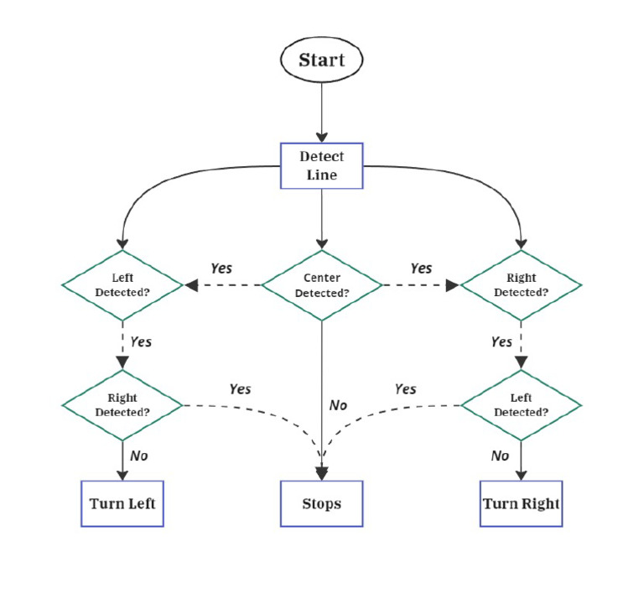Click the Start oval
pyautogui.click(x=321, y=60)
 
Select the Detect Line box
pyautogui.click(x=321, y=165)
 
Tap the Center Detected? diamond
pyautogui.click(x=322, y=285)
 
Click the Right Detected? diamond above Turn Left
pyautogui.click(x=122, y=405)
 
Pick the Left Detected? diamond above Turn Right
pyautogui.click(x=521, y=405)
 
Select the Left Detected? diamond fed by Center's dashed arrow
pyautogui.click(x=122, y=285)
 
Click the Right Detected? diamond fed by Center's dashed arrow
pyautogui.click(x=521, y=285)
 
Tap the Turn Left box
pyautogui.click(x=122, y=503)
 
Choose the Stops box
pyautogui.click(x=321, y=503)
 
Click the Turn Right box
pyautogui.click(x=521, y=503)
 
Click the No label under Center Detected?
pyautogui.click(x=338, y=405)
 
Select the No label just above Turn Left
pyautogui.click(x=139, y=456)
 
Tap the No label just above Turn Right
pyautogui.click(x=500, y=456)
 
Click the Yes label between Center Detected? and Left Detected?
pyautogui.click(x=221, y=268)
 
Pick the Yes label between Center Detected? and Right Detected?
pyautogui.click(x=421, y=268)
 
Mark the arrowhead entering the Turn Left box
pyautogui.click(x=122, y=474)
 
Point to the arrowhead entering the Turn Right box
pyautogui.click(x=521, y=474)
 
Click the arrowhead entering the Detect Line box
pyautogui.click(x=321, y=136)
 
